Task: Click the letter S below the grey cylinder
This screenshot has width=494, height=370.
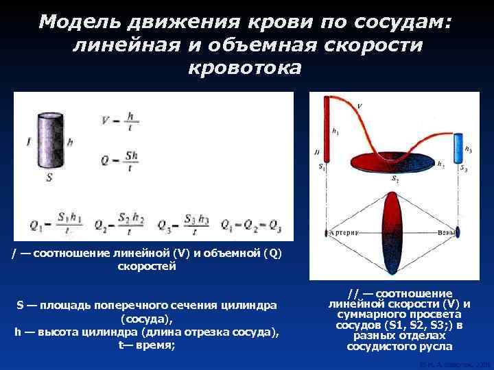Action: pyautogui.click(x=49, y=177)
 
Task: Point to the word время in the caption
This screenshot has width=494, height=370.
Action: pyautogui.click(x=156, y=345)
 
